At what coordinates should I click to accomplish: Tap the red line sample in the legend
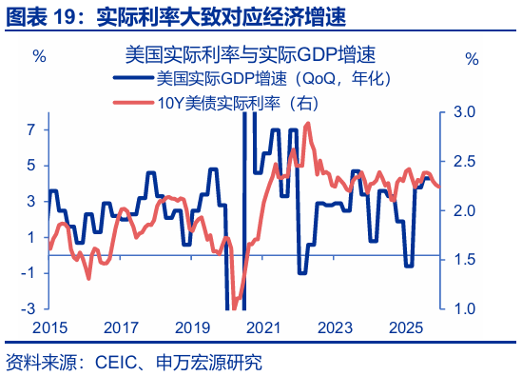point(132,102)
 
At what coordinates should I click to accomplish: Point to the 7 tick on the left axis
point(30,129)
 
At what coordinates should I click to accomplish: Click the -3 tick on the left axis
point(29,308)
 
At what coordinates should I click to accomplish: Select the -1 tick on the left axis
point(29,272)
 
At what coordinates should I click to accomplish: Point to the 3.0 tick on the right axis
point(463,111)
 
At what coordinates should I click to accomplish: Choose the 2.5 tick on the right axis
point(463,161)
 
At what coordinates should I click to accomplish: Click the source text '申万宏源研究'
point(214,363)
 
